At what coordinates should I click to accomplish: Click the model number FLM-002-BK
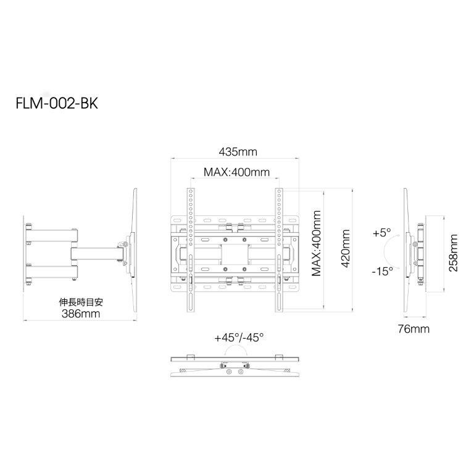click(57, 104)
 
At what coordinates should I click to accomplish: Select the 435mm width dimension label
click(238, 151)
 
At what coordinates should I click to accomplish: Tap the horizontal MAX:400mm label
click(236, 172)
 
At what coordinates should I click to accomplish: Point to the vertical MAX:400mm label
click(316, 243)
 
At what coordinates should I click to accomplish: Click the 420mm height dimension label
click(345, 249)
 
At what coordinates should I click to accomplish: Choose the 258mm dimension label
click(453, 252)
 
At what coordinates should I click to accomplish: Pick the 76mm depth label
click(414, 328)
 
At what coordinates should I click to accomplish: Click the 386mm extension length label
click(81, 314)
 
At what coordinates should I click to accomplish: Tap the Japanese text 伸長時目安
click(81, 302)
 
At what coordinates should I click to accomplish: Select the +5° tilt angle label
click(382, 233)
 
